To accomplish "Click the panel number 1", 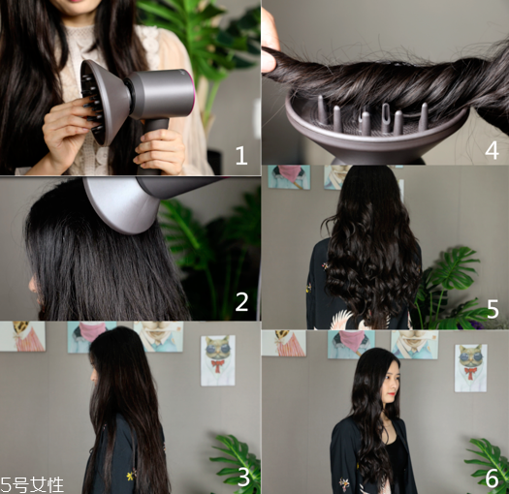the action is pyautogui.click(x=241, y=155).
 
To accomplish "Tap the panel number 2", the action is pyautogui.click(x=241, y=301).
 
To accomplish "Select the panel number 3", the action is pyautogui.click(x=243, y=477).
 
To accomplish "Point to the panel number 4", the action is pyautogui.click(x=492, y=150).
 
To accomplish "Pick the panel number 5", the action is pyautogui.click(x=493, y=309).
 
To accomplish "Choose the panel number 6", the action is pyautogui.click(x=493, y=478).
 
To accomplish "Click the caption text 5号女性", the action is pyautogui.click(x=32, y=485).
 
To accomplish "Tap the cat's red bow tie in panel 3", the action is pyautogui.click(x=217, y=365).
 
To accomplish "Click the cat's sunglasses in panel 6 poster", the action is pyautogui.click(x=469, y=358).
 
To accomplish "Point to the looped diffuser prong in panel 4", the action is pyautogui.click(x=386, y=118).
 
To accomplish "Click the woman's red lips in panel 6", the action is pyautogui.click(x=392, y=394).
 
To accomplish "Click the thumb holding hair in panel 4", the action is pyautogui.click(x=270, y=39).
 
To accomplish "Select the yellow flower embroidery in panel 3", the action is pyautogui.click(x=131, y=476).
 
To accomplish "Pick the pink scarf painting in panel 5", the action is pyautogui.click(x=289, y=177).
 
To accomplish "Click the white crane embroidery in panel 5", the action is pyautogui.click(x=341, y=320).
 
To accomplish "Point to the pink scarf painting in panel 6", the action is pyautogui.click(x=351, y=344).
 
